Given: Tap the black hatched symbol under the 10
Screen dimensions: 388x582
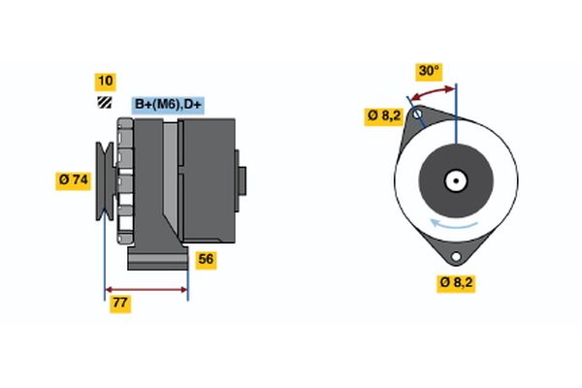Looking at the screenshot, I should (104, 103).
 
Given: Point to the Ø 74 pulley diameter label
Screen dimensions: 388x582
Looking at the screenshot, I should (75, 179).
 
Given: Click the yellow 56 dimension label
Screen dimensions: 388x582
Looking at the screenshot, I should (206, 259).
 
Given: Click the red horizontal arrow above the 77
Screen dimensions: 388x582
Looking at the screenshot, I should (145, 288).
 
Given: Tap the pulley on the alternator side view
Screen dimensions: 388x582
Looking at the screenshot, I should (104, 180).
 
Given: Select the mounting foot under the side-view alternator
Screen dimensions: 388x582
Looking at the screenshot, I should (157, 259).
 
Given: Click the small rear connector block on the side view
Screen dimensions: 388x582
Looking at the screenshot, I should (242, 180).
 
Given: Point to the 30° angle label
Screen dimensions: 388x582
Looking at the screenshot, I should (428, 71).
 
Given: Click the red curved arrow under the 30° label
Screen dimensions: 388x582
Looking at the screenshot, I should (433, 90).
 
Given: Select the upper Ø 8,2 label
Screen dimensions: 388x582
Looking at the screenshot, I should (383, 115).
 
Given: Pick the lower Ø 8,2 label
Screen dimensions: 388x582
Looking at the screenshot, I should (456, 283).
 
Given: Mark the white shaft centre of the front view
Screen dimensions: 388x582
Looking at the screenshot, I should (455, 180).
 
